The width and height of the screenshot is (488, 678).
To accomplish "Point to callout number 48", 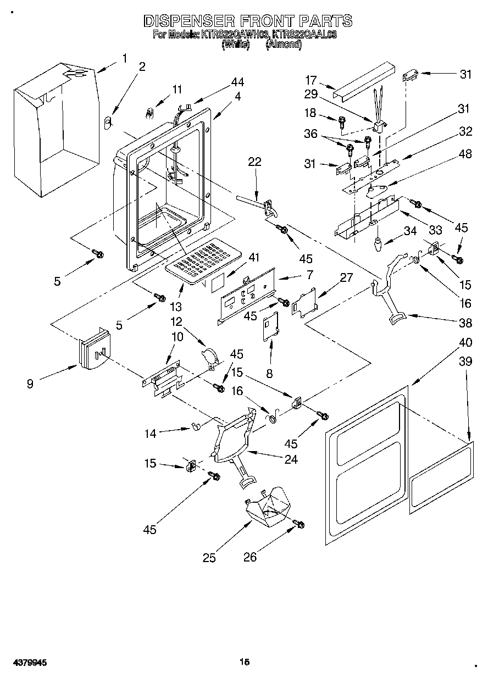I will [x=464, y=154].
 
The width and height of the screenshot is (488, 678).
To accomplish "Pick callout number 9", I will [x=30, y=384].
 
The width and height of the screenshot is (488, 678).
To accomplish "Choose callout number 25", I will [x=209, y=558].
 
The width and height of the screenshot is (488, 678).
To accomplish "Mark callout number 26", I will [x=250, y=558].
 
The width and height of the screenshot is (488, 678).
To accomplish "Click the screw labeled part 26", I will [x=299, y=525].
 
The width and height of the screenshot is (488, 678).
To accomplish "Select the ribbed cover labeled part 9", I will [x=93, y=349].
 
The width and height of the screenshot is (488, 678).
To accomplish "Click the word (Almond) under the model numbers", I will [x=284, y=46].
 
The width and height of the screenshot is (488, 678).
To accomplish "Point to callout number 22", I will [x=254, y=162].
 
